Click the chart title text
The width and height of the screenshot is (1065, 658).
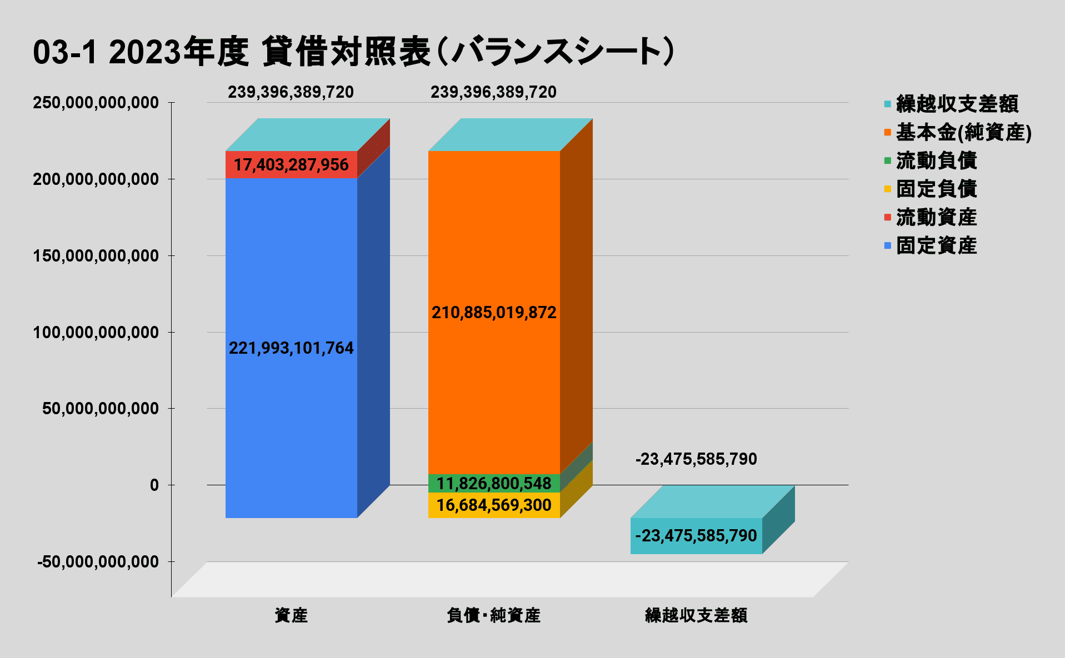(353, 52)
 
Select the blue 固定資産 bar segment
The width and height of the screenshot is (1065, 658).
(291, 267)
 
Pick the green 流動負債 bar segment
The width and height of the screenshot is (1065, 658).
(494, 483)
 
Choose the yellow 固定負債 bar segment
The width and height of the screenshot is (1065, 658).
(494, 505)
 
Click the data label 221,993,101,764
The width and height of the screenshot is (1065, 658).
(291, 348)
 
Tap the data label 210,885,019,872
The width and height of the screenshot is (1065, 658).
(494, 313)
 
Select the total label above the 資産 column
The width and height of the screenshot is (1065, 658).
(291, 92)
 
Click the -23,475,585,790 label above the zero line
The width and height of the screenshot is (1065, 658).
(696, 459)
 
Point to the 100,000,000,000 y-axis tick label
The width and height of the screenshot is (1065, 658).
(96, 333)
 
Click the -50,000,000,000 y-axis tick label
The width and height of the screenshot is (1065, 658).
(98, 562)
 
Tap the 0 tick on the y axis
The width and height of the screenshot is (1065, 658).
(154, 485)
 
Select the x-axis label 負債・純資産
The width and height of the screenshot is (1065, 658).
(493, 615)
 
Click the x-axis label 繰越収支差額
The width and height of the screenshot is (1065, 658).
(696, 615)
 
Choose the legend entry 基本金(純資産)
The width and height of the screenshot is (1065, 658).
(963, 133)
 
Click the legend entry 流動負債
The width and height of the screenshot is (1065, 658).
(936, 161)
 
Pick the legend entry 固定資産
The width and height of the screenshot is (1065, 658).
(936, 245)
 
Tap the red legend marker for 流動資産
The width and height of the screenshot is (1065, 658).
(887, 217)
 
